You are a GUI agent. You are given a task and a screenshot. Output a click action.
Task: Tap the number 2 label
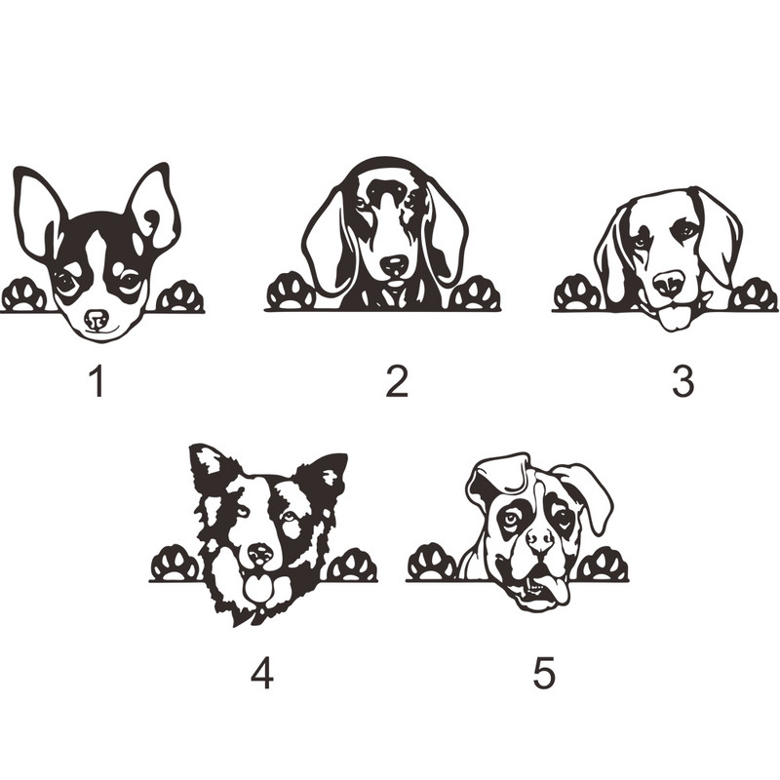pos(397,380)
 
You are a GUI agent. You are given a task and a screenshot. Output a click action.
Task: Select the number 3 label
pos(683,380)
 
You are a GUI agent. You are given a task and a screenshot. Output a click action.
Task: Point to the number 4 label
pos(261,673)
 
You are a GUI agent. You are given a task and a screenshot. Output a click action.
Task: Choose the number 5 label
pos(543,673)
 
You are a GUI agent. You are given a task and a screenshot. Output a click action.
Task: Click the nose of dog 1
pos(97,319)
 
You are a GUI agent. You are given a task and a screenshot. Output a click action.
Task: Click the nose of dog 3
pos(669,284)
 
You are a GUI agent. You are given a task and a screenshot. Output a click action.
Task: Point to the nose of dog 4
pos(260,553)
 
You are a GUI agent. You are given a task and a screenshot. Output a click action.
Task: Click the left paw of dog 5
pos(432,563)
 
